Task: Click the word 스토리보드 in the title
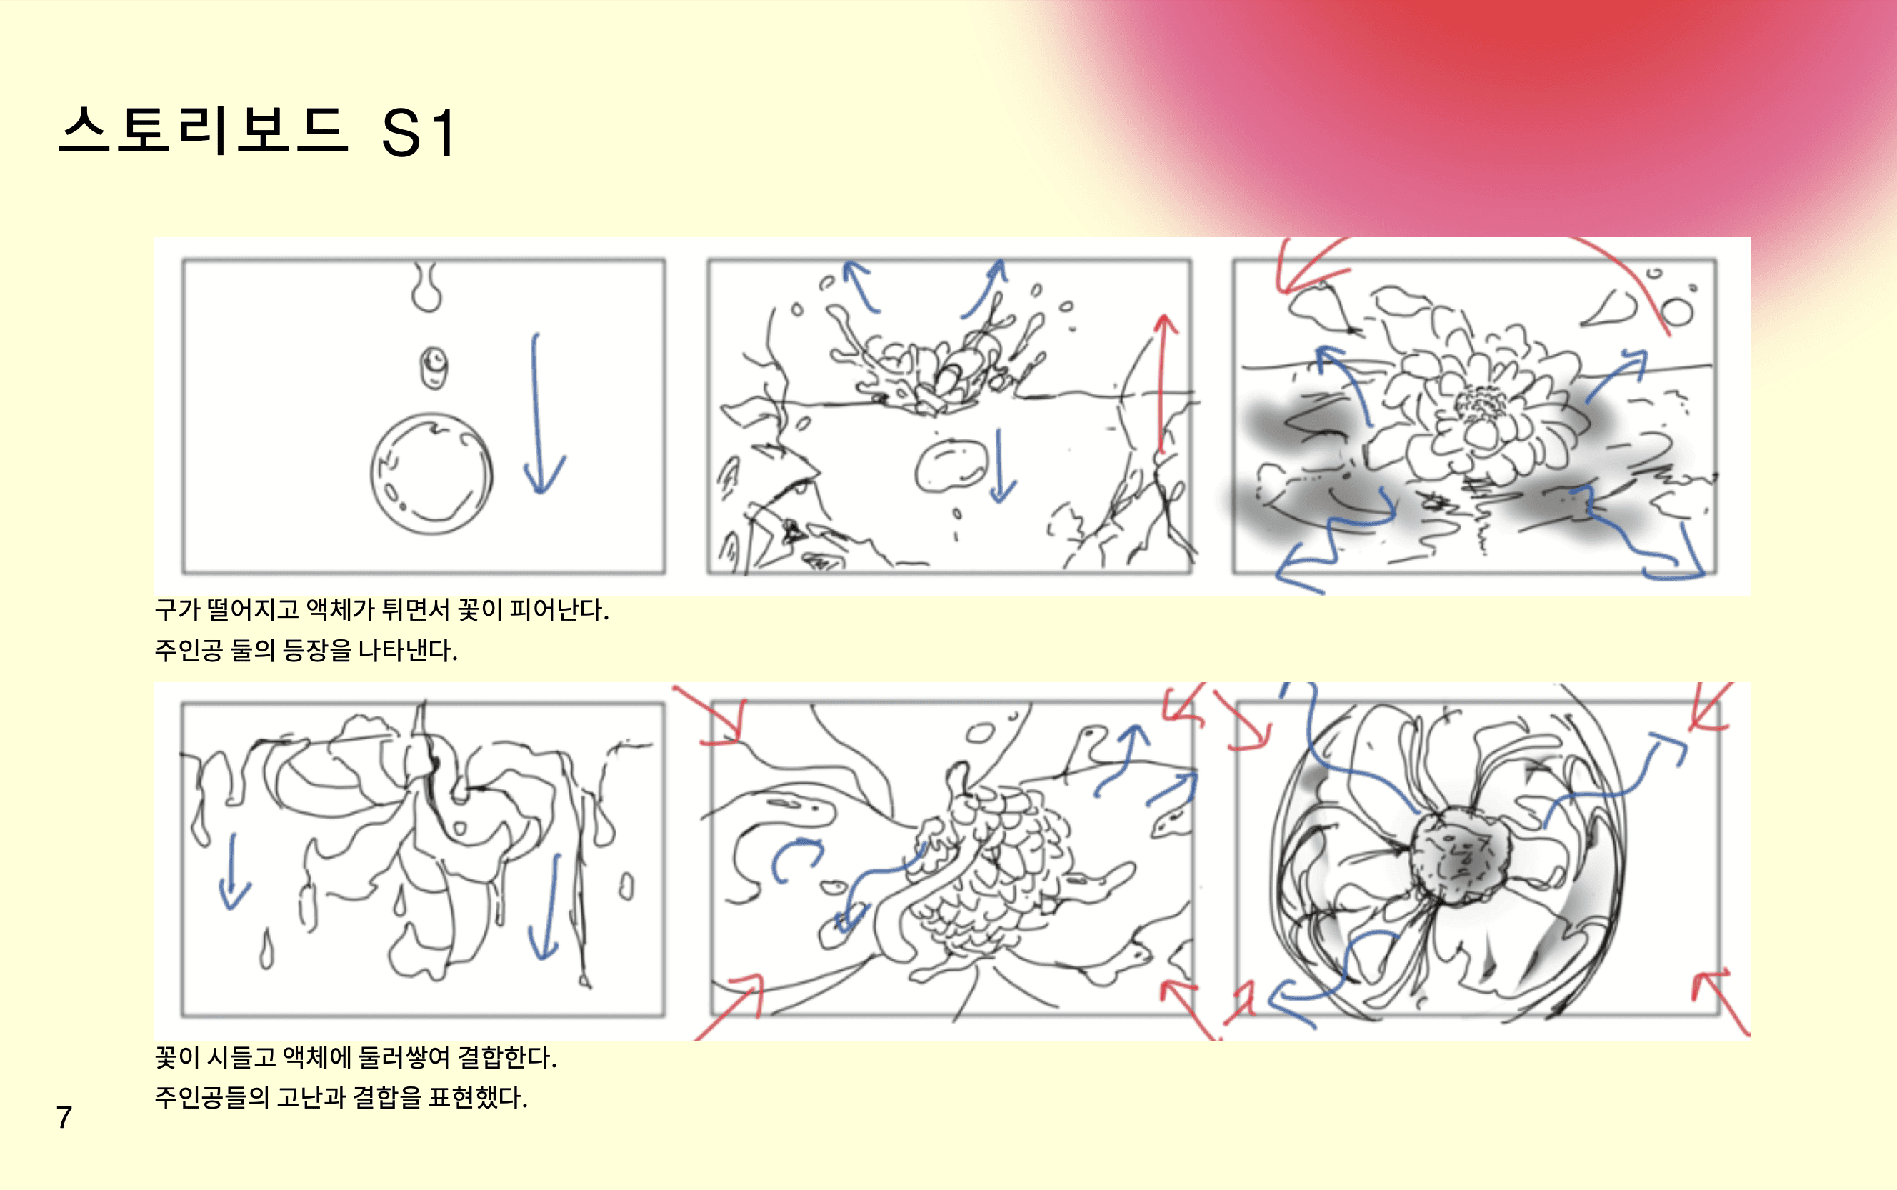(203, 131)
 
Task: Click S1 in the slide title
(419, 132)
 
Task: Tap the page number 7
(64, 1117)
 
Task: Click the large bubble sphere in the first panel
(431, 474)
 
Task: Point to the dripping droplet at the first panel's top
(426, 287)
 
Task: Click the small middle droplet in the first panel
(433, 368)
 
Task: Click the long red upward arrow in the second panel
(1162, 384)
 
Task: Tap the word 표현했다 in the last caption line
(478, 1097)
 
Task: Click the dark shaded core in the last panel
(1460, 854)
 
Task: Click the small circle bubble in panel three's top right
(1677, 311)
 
